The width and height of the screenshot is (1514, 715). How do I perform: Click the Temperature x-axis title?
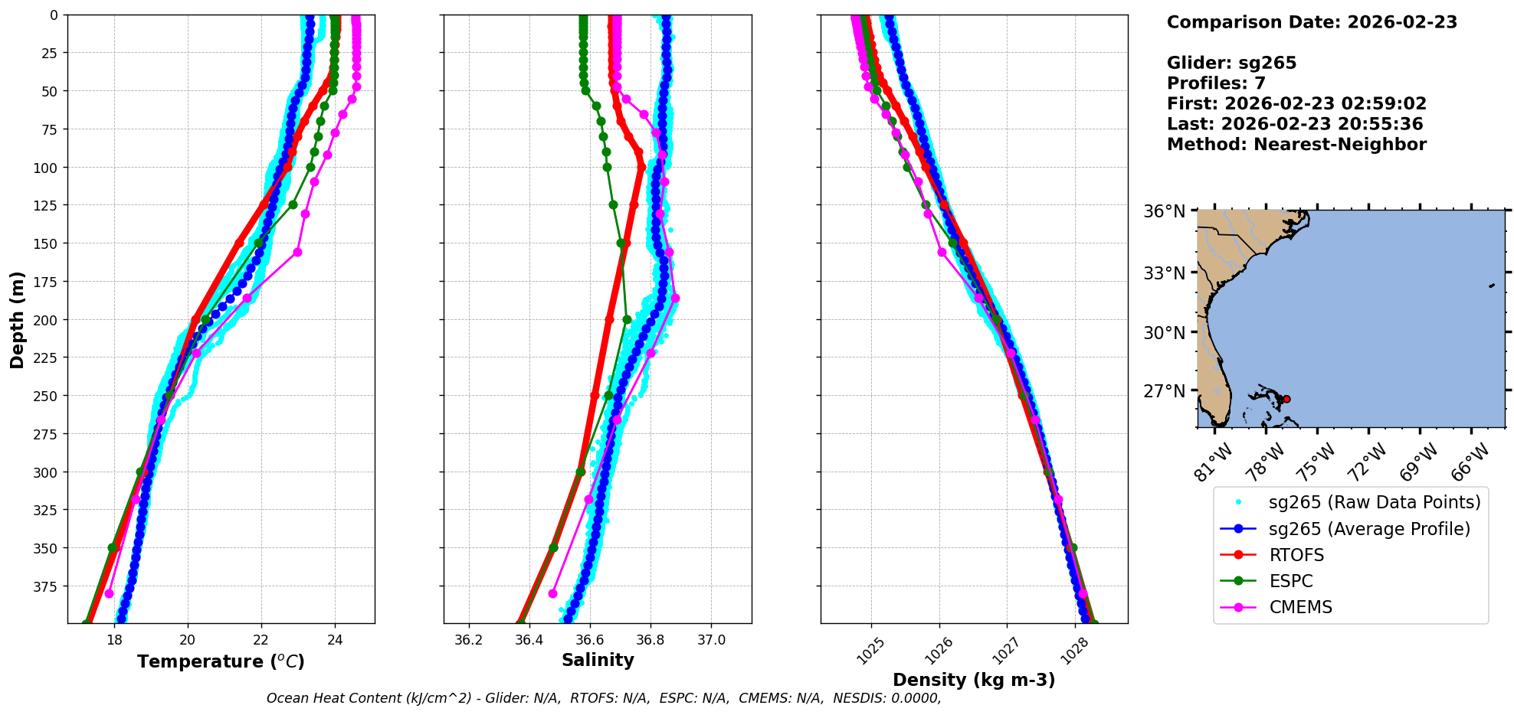pyautogui.click(x=221, y=661)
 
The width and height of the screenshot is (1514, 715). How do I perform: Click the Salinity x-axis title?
pyautogui.click(x=598, y=660)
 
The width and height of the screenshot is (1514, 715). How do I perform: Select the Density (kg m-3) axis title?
pyautogui.click(x=974, y=680)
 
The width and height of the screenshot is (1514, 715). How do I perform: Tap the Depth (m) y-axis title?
pyautogui.click(x=17, y=319)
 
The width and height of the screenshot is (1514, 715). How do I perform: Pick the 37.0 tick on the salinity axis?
pyautogui.click(x=711, y=640)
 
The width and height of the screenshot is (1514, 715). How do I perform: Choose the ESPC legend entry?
pyautogui.click(x=1291, y=581)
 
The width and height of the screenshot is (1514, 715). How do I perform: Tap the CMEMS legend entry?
pyautogui.click(x=1300, y=607)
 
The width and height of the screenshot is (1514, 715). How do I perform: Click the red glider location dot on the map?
pyautogui.click(x=1286, y=399)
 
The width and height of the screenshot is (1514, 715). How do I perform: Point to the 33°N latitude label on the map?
pyautogui.click(x=1165, y=273)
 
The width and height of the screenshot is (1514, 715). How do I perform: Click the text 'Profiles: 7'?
pyautogui.click(x=1216, y=83)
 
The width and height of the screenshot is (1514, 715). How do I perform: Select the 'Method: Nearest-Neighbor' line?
pyautogui.click(x=1296, y=145)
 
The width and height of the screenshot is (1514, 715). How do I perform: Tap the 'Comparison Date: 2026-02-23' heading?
pyautogui.click(x=1312, y=22)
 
